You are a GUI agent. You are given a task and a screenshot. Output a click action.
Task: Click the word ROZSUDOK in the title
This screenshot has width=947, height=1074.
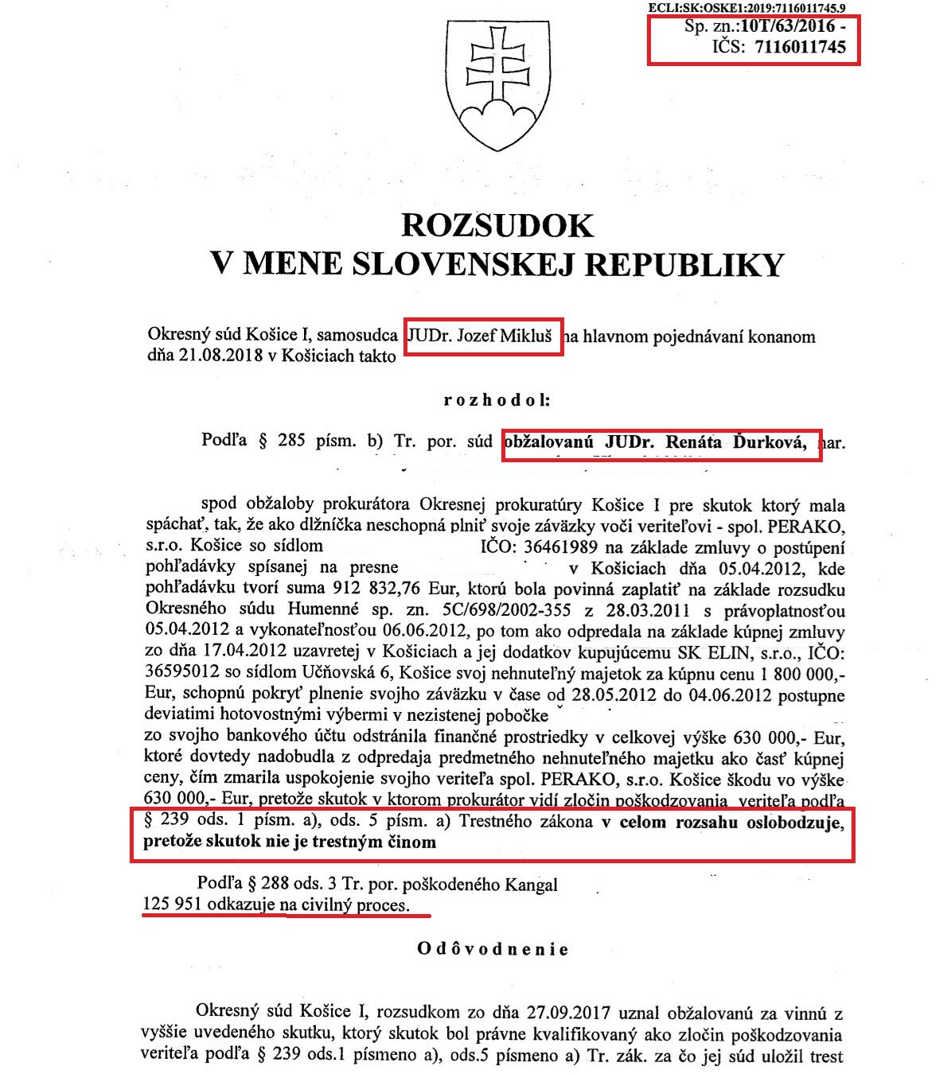497,225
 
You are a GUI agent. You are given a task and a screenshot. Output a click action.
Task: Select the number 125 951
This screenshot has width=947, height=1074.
173,905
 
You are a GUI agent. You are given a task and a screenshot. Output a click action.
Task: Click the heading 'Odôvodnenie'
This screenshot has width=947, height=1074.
493,948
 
